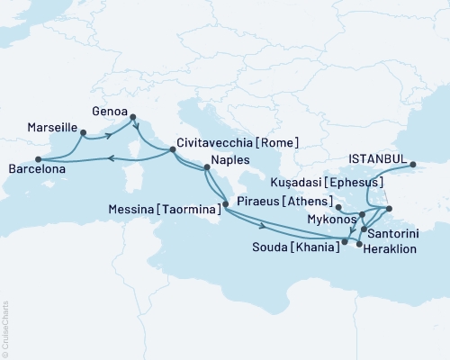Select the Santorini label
pos(393,231)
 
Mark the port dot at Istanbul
pos(413,165)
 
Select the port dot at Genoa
pos(133,116)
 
